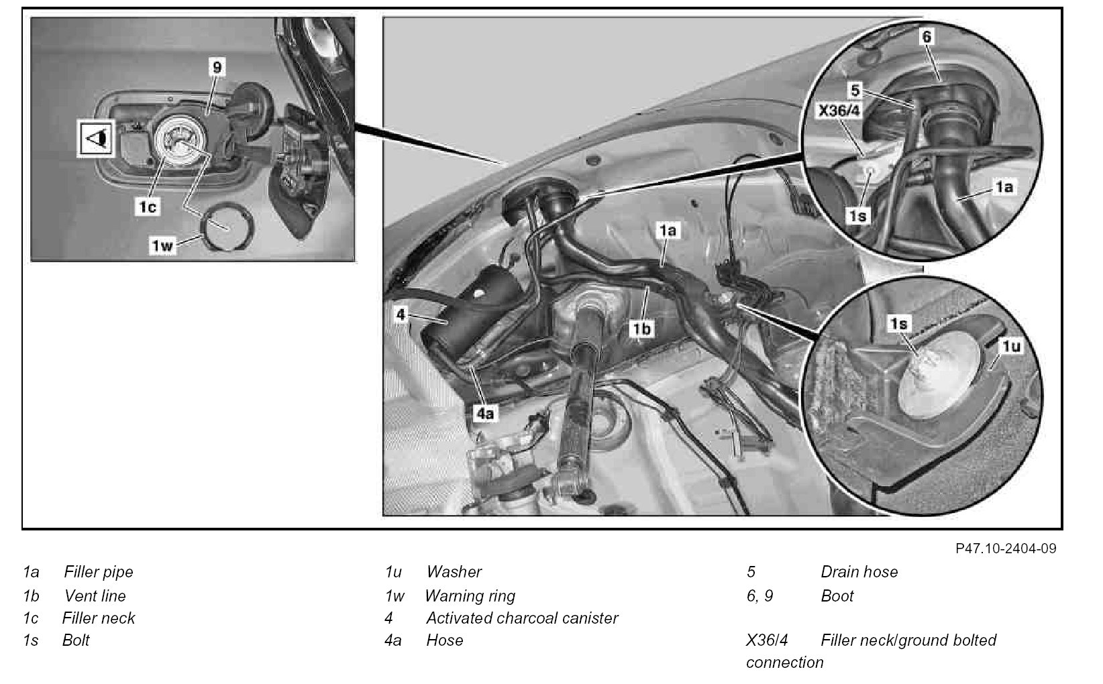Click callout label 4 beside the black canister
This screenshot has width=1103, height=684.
coord(401,314)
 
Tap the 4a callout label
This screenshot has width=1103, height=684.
coord(484,413)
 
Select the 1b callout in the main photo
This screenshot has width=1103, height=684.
coord(641,329)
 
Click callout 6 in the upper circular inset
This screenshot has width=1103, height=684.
coord(927,36)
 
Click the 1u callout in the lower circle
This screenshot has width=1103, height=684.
coord(1010,346)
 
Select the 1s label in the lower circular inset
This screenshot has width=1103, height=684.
coord(899,324)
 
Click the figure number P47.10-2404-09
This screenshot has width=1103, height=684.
coord(1006,549)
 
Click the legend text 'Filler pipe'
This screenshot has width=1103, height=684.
coord(99,572)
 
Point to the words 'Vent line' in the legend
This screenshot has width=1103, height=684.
coord(95,595)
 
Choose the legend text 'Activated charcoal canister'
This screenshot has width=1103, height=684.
coord(522,618)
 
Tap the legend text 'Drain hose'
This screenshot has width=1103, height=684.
coord(859,572)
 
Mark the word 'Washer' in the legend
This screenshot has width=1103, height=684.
coord(454,572)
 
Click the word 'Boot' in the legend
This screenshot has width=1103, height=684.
coord(837,595)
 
